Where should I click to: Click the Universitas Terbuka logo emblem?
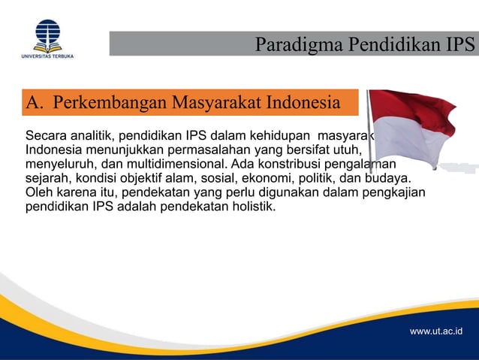(x=47, y=33)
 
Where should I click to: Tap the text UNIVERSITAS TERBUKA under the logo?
(x=47, y=56)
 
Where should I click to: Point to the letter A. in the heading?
(x=35, y=102)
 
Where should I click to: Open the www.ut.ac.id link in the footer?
(x=436, y=331)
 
